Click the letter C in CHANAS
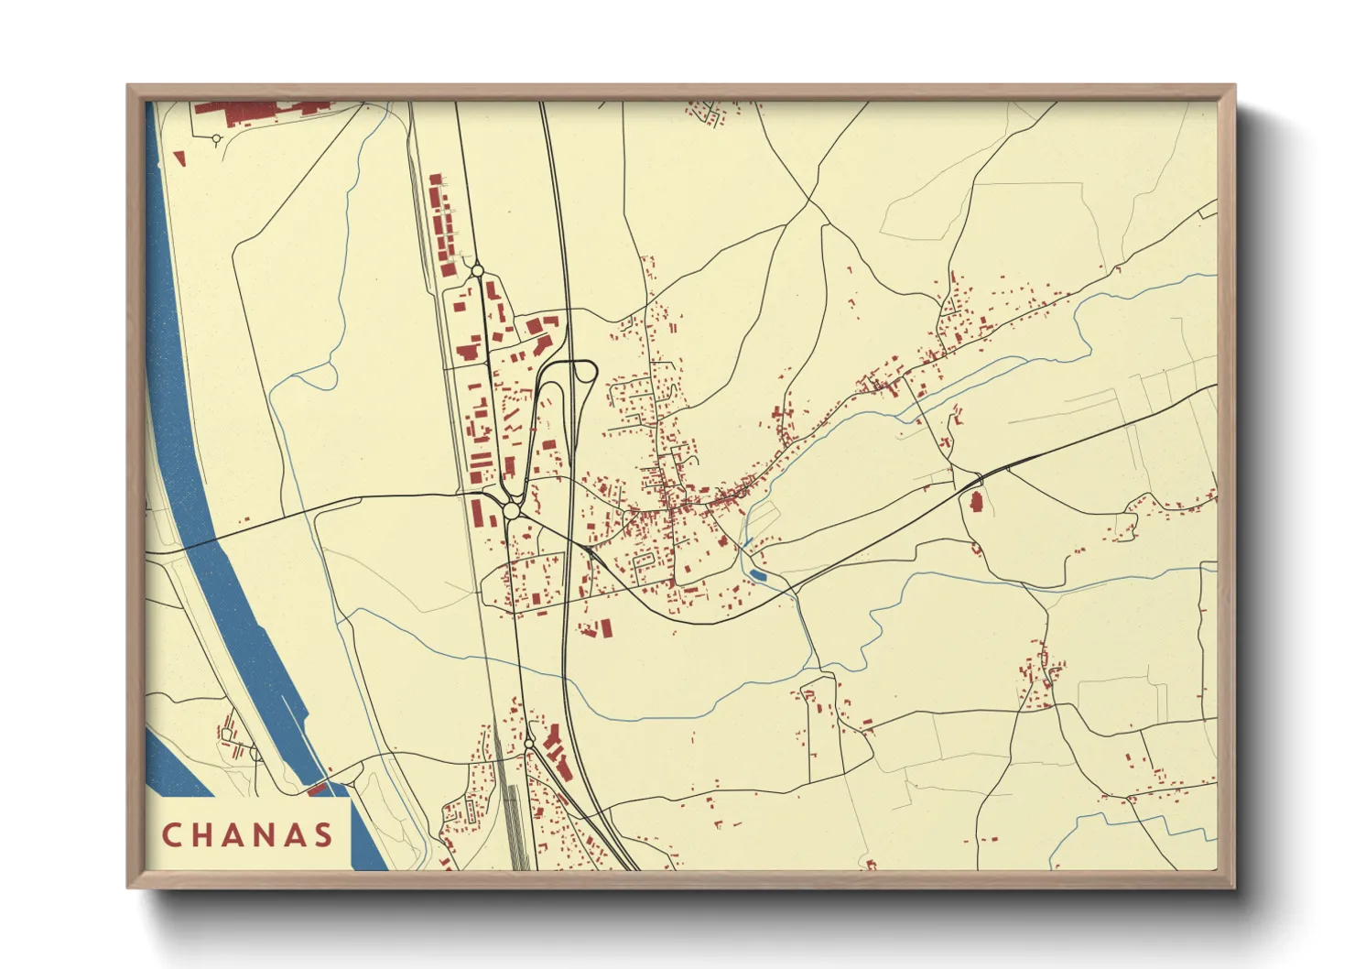coord(171,835)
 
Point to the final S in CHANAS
coord(322,835)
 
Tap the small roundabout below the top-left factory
coord(217,139)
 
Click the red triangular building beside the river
coord(180,159)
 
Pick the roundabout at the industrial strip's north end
coord(477,271)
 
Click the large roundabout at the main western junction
coord(512,511)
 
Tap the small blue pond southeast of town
coord(758,574)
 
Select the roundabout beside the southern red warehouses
coord(529,744)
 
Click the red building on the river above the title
coord(318,788)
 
